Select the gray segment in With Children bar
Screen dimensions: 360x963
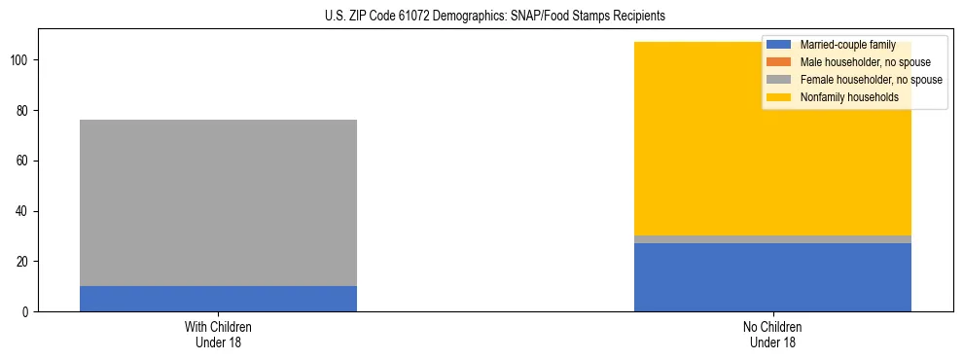[218, 202]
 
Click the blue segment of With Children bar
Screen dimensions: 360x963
[218, 299]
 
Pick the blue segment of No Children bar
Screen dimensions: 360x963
[772, 277]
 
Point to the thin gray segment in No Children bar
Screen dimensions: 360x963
[772, 239]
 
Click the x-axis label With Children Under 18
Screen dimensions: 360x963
[218, 335]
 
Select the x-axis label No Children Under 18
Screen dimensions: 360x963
[772, 335]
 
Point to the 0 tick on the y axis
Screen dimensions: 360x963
[29, 312]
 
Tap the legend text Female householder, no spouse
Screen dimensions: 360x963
[871, 80]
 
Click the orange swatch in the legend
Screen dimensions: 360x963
[779, 62]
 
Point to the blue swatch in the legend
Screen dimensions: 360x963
[779, 45]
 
